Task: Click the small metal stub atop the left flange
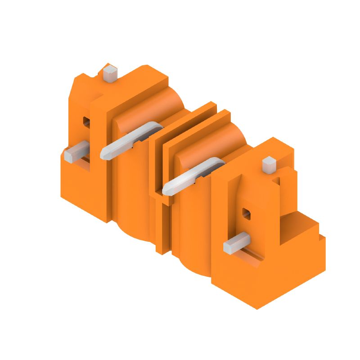110,73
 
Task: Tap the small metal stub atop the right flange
269,165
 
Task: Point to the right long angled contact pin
193,176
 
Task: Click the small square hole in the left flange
86,121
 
